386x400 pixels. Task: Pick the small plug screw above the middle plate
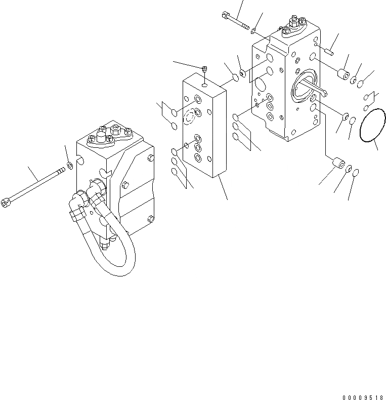pos(204,68)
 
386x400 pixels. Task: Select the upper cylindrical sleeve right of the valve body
pos(345,74)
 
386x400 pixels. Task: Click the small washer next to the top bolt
pos(253,31)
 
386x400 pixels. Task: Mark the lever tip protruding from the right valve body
pos(324,92)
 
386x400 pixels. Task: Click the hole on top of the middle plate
pos(204,85)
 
